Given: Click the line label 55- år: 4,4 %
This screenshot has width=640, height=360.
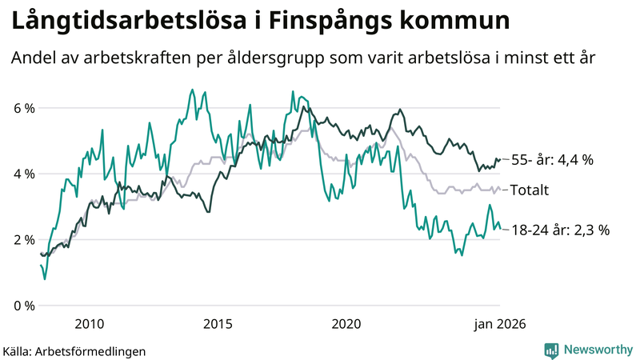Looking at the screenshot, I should point(552,160).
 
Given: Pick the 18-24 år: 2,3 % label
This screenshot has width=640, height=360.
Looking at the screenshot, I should point(560,230).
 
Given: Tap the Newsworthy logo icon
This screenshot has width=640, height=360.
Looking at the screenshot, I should point(551,350).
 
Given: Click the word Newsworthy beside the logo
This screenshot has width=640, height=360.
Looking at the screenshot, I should point(598,350).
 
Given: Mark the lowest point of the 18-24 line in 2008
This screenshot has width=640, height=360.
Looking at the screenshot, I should point(45,278).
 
